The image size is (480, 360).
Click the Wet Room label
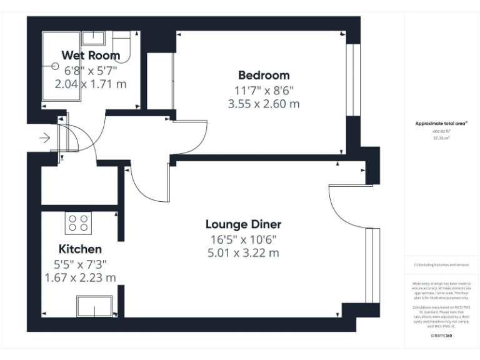click(90, 56)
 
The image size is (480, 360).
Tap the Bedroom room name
click(264, 75)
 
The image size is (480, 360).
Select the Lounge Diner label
click(244, 224)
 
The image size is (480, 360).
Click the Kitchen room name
click(80, 249)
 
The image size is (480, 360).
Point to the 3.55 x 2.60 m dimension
click(264, 104)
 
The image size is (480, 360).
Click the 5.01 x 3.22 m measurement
click(243, 253)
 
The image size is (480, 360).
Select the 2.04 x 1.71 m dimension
click(91, 84)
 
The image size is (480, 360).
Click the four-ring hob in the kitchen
click(78, 224)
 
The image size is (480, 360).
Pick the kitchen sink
click(94, 306)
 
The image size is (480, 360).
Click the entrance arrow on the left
click(44, 138)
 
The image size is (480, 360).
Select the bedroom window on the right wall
click(353, 79)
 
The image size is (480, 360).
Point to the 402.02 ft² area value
click(441, 132)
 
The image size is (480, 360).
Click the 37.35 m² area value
click(441, 139)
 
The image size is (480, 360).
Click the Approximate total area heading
click(441, 124)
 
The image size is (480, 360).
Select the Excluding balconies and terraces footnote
click(441, 265)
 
